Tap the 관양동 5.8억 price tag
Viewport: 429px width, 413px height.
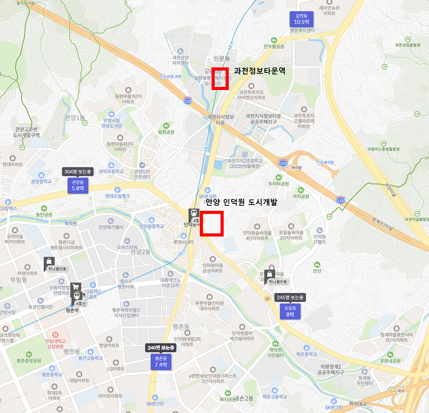[78, 185]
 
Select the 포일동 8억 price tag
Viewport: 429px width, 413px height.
[290, 311]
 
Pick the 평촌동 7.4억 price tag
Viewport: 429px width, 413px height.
[161, 362]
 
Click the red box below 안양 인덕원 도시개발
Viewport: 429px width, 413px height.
[212, 223]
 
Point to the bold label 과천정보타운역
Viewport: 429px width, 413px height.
[260, 71]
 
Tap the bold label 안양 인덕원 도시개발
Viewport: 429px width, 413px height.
[241, 202]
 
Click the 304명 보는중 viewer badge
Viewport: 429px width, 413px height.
[78, 171]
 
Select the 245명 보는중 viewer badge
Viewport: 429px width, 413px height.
[290, 298]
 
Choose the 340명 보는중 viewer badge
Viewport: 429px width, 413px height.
[161, 348]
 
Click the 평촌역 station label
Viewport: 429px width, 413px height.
[73, 311]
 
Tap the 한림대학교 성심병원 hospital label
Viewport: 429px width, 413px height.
[55, 343]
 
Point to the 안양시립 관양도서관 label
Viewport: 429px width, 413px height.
[112, 123]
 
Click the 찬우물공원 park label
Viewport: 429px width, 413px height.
[274, 46]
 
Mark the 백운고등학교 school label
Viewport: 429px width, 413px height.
[274, 397]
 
